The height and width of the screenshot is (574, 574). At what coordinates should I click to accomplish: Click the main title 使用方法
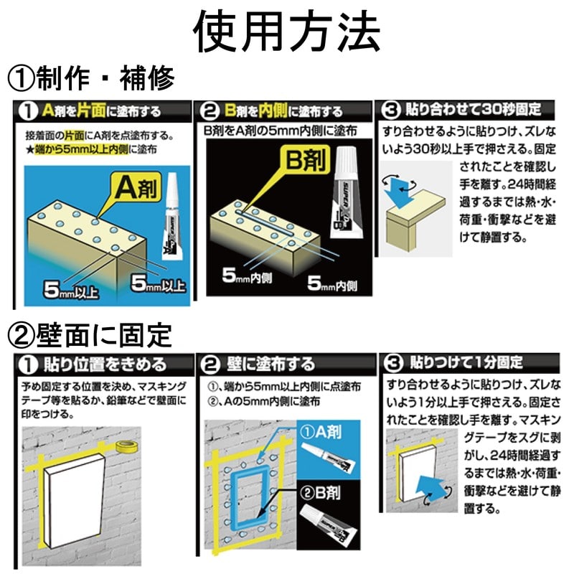pyautogui.click(x=286, y=32)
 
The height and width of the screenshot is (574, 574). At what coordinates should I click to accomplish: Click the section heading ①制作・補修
pyautogui.click(x=90, y=78)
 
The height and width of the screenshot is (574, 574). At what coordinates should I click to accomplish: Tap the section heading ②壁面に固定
pyautogui.click(x=90, y=335)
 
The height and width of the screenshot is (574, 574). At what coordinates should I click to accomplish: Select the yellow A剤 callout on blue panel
pyautogui.click(x=137, y=188)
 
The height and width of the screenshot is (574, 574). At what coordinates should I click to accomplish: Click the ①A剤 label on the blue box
pyautogui.click(x=321, y=432)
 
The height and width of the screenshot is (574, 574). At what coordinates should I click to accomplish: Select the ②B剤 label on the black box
pyautogui.click(x=320, y=493)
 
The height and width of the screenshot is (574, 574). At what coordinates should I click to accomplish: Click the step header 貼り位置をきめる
pyautogui.click(x=105, y=364)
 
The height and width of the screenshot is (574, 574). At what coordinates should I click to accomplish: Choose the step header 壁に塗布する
pyautogui.click(x=271, y=364)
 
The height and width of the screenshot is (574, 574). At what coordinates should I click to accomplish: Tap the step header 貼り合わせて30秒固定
pyautogui.click(x=473, y=109)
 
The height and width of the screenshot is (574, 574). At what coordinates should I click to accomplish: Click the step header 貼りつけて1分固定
pyautogui.click(x=466, y=362)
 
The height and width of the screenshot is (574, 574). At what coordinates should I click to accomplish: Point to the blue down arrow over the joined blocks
pyautogui.click(x=400, y=191)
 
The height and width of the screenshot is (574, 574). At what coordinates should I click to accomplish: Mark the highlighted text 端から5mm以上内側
pyautogui.click(x=81, y=149)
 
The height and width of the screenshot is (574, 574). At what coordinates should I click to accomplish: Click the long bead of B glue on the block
pyautogui.click(x=264, y=222)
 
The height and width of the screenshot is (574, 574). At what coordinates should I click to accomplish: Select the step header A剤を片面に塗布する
pyautogui.click(x=101, y=110)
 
